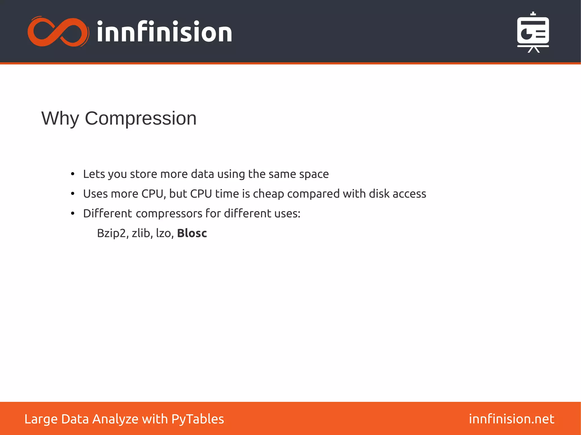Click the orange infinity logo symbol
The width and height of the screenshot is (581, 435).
tap(58, 32)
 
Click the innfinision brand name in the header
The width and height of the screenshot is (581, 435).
tap(164, 32)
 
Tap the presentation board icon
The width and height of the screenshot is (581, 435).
tap(533, 32)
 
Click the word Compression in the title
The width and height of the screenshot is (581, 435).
tap(140, 118)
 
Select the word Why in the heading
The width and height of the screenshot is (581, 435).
tap(60, 118)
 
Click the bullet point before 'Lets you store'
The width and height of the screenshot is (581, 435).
tap(73, 174)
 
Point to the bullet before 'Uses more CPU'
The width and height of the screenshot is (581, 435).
tap(73, 194)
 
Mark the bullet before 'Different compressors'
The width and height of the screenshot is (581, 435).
tap(73, 213)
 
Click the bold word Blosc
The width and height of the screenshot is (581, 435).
tap(192, 233)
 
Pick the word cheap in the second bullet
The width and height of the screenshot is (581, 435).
tap(268, 194)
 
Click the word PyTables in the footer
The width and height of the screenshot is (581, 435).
tap(197, 419)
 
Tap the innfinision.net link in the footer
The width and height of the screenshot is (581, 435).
tap(511, 419)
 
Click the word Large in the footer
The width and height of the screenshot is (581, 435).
tap(41, 419)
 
